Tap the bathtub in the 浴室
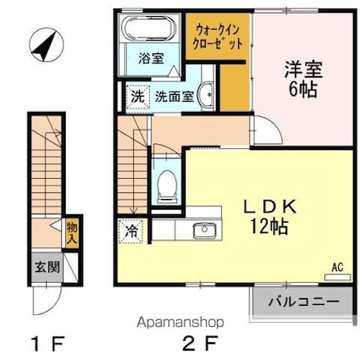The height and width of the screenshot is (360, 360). [148, 30]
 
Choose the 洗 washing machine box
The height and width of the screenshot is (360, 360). [136, 96]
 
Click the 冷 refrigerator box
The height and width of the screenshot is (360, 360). [131, 229]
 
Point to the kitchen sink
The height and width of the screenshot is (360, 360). [204, 230]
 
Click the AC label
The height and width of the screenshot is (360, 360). [336, 269]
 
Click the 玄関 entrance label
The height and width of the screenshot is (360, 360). [47, 266]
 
